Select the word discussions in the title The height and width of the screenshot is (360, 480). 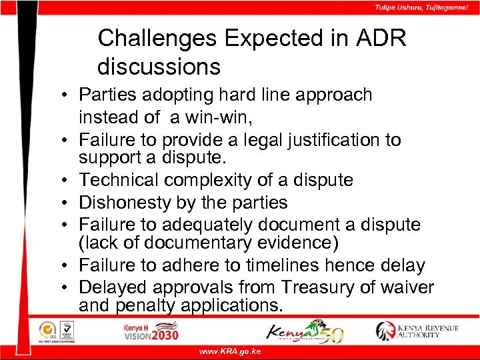[159, 67]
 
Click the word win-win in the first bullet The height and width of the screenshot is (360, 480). [217, 118]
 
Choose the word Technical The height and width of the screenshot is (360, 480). [119, 180]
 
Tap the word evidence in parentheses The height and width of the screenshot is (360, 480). [297, 243]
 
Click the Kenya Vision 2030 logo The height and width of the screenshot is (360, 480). [151, 331]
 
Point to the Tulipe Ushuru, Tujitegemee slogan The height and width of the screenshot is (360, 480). [421, 7]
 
